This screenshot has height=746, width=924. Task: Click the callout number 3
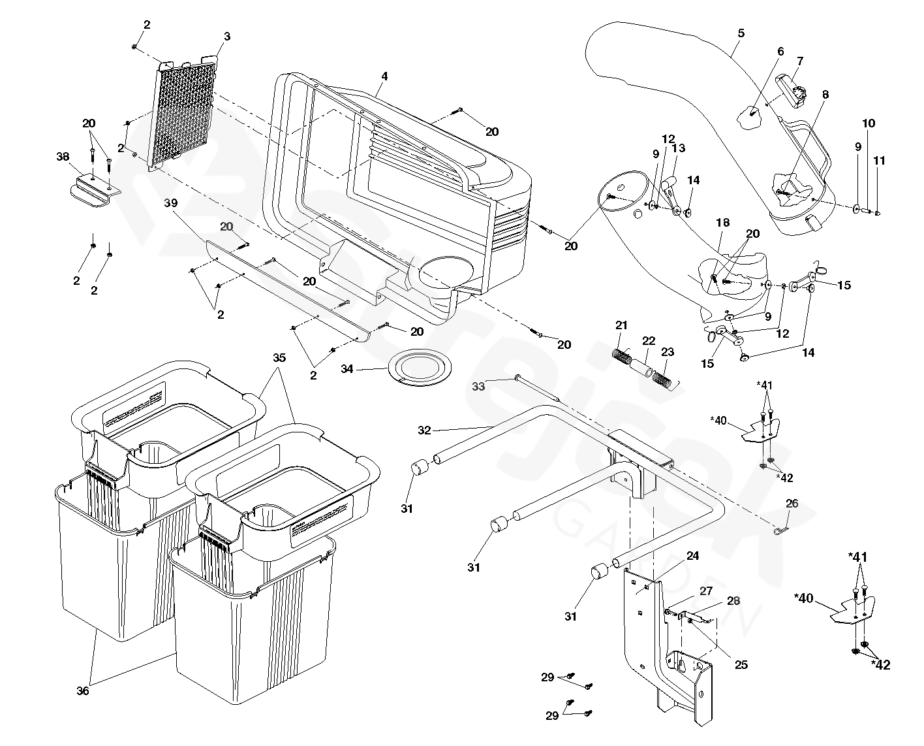[226, 37]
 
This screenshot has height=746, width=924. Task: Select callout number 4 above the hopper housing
[384, 76]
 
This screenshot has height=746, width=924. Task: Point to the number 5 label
[741, 33]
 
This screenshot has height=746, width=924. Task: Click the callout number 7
[800, 61]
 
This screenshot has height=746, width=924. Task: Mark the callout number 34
[346, 369]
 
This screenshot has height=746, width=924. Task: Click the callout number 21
[621, 325]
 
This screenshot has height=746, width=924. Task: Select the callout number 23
[667, 352]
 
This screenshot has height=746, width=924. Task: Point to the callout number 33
[478, 387]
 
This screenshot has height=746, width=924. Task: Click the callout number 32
[425, 430]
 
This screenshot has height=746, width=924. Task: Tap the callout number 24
[692, 556]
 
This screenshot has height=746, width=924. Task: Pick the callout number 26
[792, 504]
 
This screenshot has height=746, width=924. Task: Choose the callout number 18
[722, 223]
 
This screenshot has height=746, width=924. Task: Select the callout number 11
[880, 160]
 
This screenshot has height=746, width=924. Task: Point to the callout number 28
[733, 600]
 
